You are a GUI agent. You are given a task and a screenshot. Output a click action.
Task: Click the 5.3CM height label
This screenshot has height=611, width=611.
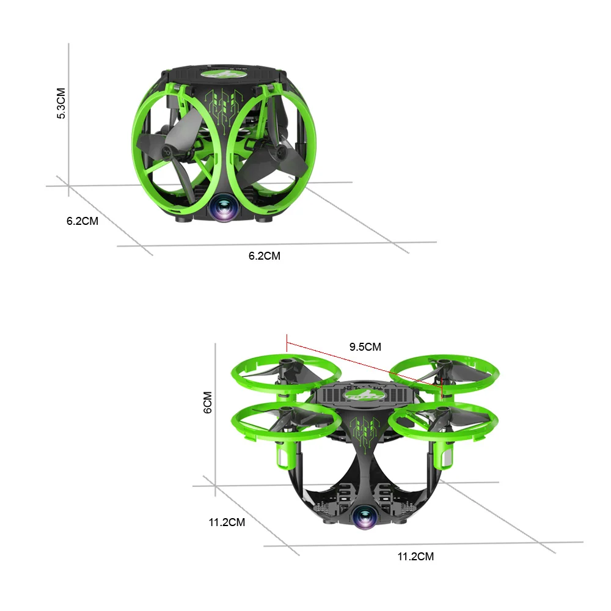(61, 103)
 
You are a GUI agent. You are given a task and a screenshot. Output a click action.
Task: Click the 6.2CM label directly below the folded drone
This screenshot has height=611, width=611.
(264, 256)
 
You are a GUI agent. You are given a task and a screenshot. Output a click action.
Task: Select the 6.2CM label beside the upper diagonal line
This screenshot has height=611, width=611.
(82, 221)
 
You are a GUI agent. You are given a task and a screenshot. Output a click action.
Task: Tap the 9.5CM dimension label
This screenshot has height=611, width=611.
(365, 347)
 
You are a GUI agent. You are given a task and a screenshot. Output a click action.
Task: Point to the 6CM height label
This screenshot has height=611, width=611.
(208, 402)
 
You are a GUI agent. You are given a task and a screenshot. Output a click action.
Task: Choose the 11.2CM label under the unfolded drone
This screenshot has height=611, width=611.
(415, 557)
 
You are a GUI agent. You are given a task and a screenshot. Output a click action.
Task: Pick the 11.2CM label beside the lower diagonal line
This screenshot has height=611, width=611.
(227, 522)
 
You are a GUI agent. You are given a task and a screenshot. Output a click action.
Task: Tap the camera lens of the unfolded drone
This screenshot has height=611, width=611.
(365, 517)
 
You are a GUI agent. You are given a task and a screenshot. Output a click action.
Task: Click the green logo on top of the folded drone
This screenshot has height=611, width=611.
(224, 74)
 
